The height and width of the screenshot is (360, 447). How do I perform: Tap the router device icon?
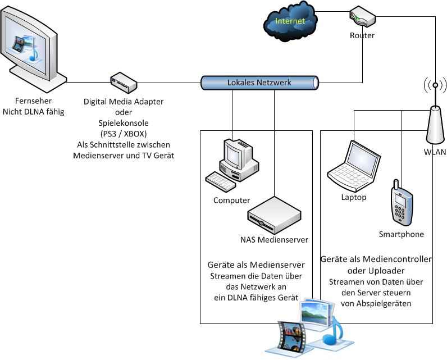click(362, 16)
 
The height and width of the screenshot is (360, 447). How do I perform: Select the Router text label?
click(362, 36)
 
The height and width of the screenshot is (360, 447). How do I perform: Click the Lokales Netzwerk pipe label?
click(259, 83)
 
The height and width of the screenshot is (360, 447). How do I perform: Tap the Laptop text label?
click(354, 197)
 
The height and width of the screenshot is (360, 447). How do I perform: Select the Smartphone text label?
click(402, 234)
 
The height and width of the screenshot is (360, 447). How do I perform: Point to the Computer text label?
click(231, 200)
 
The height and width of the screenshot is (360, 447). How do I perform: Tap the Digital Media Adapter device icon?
click(124, 83)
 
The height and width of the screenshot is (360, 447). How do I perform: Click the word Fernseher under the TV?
click(33, 101)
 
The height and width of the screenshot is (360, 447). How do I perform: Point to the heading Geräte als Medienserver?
click(256, 265)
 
